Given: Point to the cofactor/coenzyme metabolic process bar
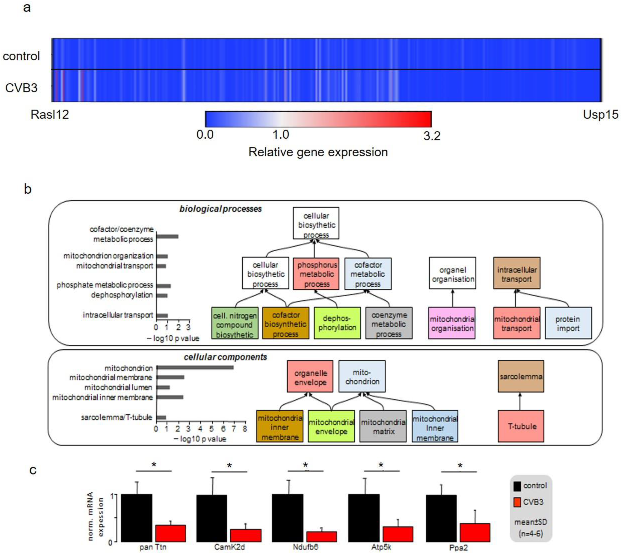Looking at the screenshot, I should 167,237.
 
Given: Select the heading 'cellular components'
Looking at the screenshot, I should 225,357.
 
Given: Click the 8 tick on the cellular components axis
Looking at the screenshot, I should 244,429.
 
